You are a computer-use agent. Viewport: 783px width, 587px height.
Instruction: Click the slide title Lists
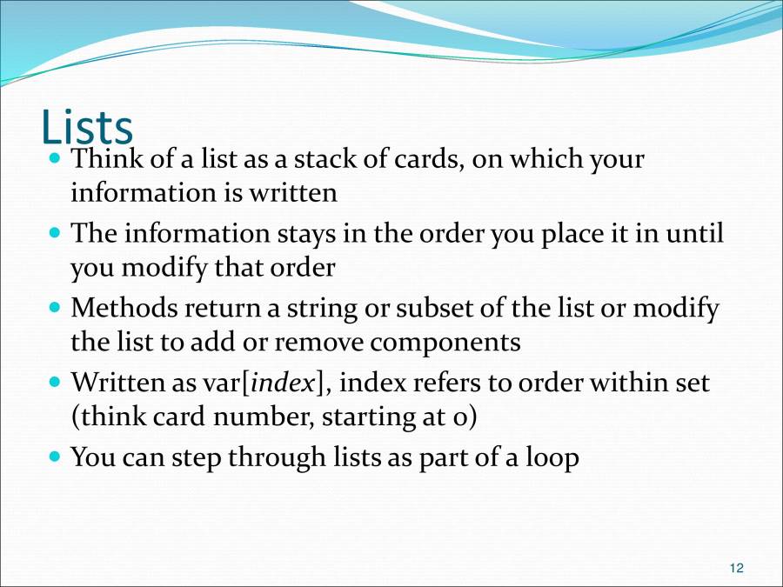[x=87, y=127]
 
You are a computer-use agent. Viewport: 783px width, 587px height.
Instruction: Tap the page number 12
[x=736, y=569]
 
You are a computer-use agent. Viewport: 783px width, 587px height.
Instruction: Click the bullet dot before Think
[x=57, y=160]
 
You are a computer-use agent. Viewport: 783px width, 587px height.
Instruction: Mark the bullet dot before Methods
[x=57, y=309]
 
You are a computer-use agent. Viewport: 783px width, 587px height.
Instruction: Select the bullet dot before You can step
[x=57, y=457]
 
